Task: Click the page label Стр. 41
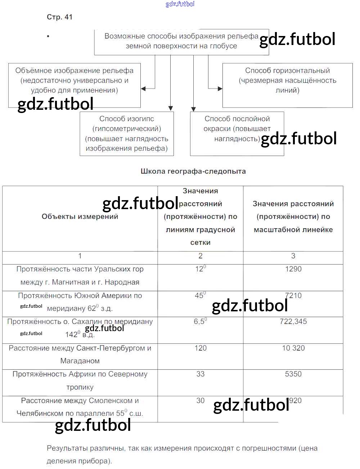[59, 17]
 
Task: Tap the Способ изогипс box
[127, 134]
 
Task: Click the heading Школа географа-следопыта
[193, 171]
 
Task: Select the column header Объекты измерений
[80, 217]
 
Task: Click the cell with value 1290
[293, 269]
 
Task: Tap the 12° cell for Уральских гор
[200, 269]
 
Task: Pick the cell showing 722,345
[293, 322]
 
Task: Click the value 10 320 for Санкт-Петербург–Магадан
[293, 348]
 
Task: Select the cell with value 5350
[293, 374]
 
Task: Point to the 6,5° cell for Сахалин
[200, 321]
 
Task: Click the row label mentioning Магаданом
[80, 355]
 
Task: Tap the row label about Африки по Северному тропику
[80, 380]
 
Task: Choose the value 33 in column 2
[200, 374]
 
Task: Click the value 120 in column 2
[200, 348]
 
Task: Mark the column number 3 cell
[293, 256]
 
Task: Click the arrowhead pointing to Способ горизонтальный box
[220, 89]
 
